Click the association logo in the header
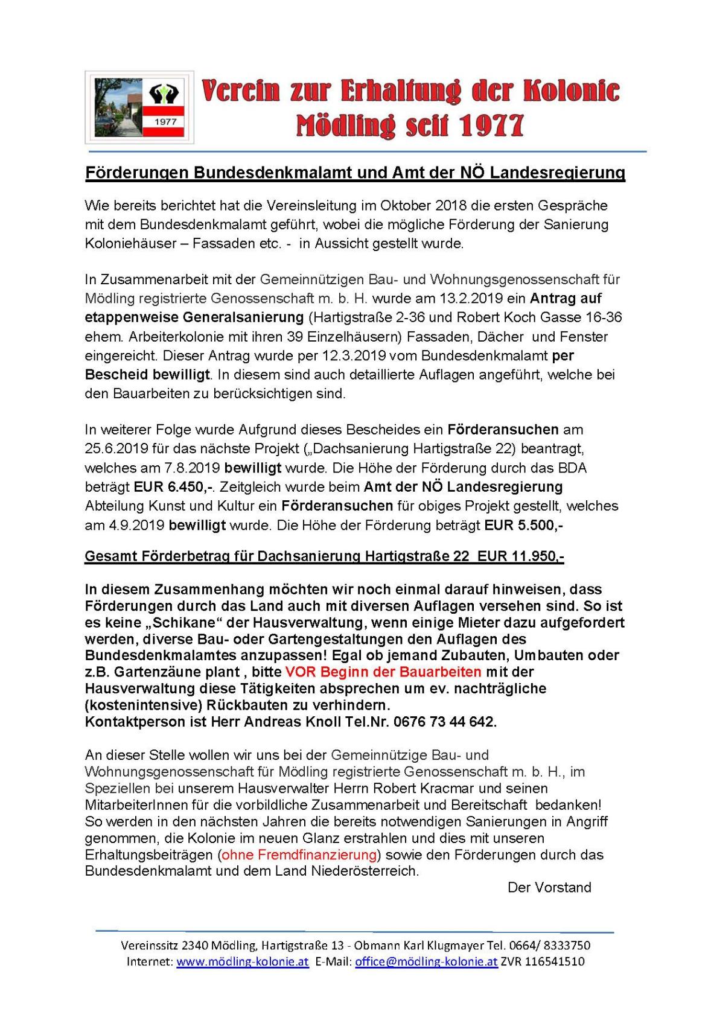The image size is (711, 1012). tap(139, 107)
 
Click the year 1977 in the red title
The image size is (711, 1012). tap(491, 125)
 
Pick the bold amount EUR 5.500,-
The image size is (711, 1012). tap(523, 525)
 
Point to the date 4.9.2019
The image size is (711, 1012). tap(125, 525)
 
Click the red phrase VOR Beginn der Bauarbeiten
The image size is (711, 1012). tap(383, 672)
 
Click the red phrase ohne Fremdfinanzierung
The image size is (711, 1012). tap(299, 854)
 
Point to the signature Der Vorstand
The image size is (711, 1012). tap(549, 887)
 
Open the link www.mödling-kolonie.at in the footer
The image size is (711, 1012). tap(242, 962)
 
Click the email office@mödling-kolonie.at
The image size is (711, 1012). tap(426, 962)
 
